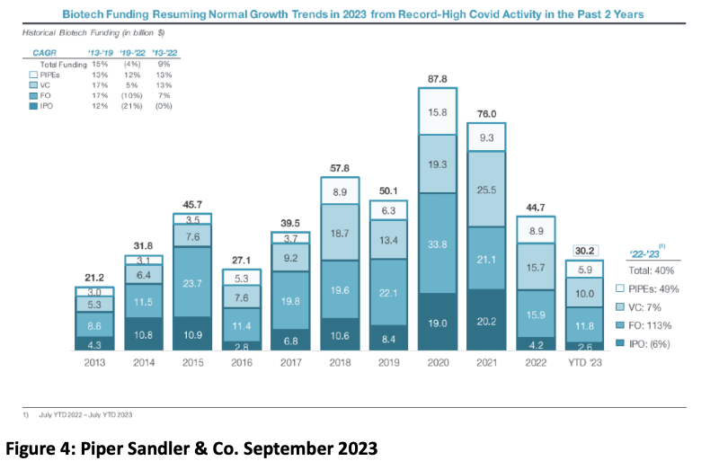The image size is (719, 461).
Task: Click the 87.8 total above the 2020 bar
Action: (x=437, y=78)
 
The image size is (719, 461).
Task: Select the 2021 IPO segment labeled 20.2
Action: (x=486, y=320)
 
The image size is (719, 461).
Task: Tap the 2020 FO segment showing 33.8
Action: (x=437, y=242)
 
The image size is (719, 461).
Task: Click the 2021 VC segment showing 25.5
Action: (x=486, y=190)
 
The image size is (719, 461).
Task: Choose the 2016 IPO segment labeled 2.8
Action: (x=240, y=345)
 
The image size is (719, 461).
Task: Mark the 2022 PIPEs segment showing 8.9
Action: (x=536, y=230)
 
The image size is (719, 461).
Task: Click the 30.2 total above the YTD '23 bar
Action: (x=585, y=251)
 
